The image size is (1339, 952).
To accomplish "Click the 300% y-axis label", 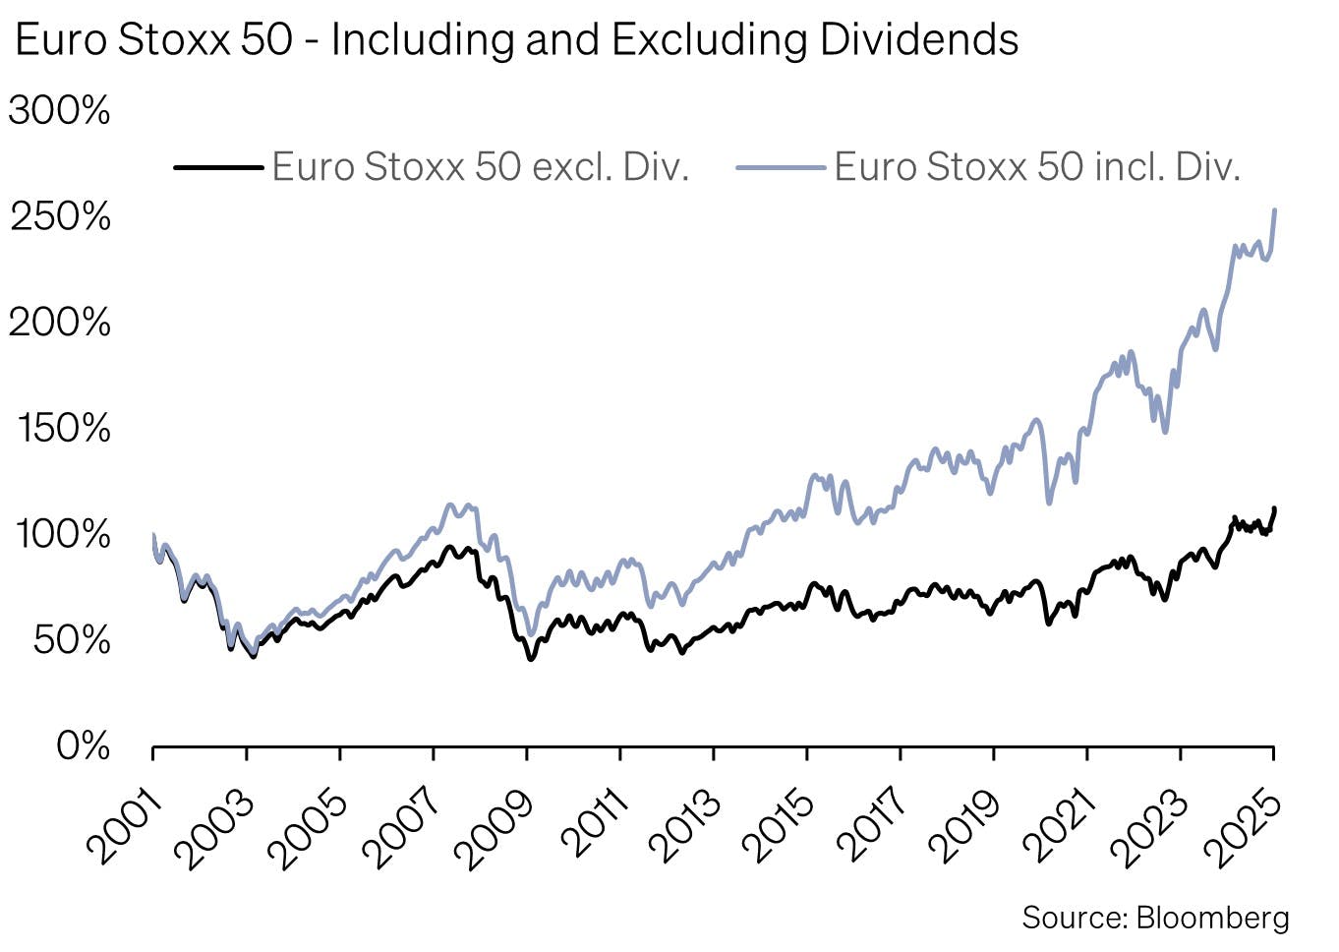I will tap(60, 110).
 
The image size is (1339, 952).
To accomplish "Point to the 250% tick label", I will tap(60, 216).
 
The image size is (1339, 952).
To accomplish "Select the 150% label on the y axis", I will tap(63, 428).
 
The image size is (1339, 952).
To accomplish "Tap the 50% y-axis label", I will tap(72, 640).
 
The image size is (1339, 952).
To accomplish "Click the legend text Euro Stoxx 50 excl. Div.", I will tap(480, 167).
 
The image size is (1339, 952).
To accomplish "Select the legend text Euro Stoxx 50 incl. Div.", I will tap(1037, 167).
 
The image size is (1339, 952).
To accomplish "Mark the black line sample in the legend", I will tap(218, 168).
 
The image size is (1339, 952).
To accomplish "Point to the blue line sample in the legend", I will tap(781, 168).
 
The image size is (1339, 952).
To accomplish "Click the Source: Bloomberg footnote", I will tap(1155, 918).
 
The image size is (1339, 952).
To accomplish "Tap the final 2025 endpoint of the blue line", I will tap(1275, 209).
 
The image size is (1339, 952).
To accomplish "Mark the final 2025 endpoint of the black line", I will tap(1275, 508).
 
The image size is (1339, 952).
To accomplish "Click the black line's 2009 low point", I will tap(531, 658).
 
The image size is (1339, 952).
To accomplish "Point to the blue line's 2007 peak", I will tap(451, 505).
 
